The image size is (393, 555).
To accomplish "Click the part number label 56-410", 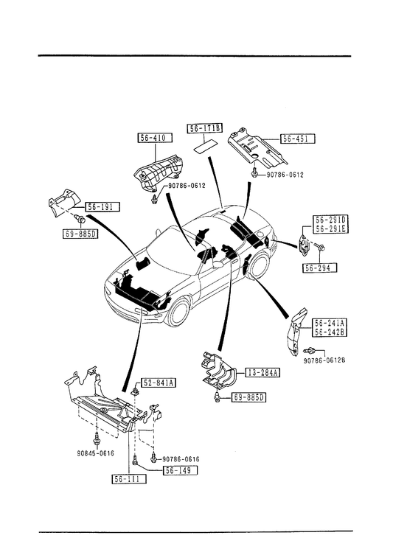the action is point(155,138).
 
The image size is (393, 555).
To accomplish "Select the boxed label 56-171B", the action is point(205,128).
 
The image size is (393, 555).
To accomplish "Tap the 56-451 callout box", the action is point(298,139).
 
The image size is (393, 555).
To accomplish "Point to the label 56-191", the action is point(102,206).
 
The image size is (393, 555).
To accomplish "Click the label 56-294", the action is point(320,268).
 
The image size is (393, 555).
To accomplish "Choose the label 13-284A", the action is point(262,372).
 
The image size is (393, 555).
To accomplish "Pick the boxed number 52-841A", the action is point(159,383).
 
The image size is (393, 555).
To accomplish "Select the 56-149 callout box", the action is point(180,470).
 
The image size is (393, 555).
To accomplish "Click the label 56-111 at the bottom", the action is point(128,479).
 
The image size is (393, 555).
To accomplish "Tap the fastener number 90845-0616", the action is point(96,453).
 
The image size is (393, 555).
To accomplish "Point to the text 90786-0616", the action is point(181,459).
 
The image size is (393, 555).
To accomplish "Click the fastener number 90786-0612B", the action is point(324,360).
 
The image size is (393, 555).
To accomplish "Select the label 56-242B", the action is point(330,332).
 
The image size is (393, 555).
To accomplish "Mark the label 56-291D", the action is point(330,220).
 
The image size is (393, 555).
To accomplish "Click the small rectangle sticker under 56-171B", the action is point(204,147).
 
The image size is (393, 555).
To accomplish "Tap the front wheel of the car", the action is point(179,313).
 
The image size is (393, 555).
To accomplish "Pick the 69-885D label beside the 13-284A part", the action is point(248,397).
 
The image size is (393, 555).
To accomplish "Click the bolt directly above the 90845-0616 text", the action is point(96,440).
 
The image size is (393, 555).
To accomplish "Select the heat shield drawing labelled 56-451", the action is point(257,148).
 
